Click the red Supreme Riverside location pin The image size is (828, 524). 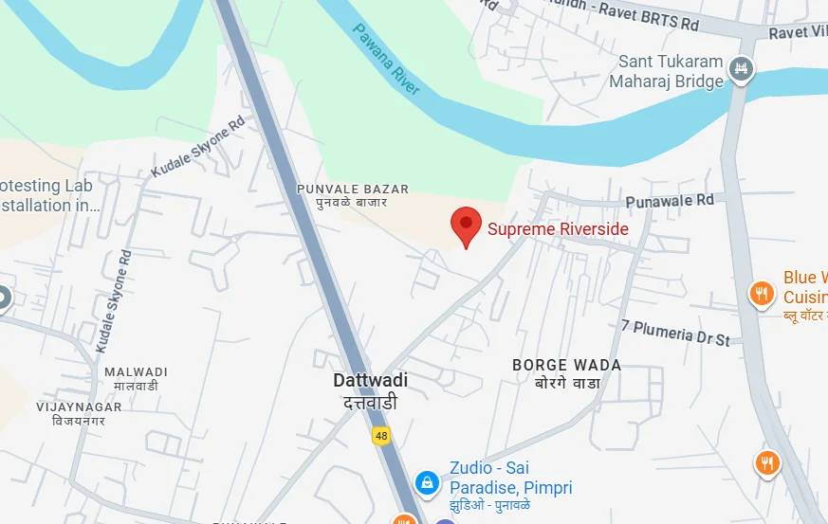click(x=465, y=226)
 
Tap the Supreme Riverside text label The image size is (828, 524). click(x=558, y=228)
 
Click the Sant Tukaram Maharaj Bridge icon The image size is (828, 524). click(x=744, y=67)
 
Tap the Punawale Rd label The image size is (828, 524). click(x=670, y=201)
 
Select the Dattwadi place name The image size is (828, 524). click(x=370, y=390)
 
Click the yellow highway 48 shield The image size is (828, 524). click(x=381, y=435)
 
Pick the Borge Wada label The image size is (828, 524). click(x=566, y=373)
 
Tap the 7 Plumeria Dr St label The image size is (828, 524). click(x=675, y=332)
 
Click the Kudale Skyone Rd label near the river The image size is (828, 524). click(x=197, y=147)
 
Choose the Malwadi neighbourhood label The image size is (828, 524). click(x=136, y=378)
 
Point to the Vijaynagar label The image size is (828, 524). click(x=79, y=412)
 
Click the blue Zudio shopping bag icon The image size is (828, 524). click(x=428, y=482)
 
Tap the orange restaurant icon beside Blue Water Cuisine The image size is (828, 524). click(x=762, y=294)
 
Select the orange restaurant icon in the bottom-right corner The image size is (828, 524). click(x=767, y=462)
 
